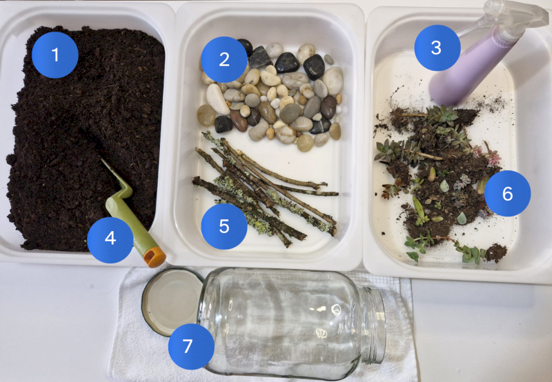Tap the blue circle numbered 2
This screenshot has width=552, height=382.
point(224,59)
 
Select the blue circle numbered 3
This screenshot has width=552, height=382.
point(436,48)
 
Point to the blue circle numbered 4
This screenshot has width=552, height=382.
point(110,239)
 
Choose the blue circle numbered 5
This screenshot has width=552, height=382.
point(224,225)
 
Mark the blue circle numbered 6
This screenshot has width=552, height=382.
point(507,194)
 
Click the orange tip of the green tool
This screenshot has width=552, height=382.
point(155,258)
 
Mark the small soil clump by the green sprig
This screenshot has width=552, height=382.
point(495,252)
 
